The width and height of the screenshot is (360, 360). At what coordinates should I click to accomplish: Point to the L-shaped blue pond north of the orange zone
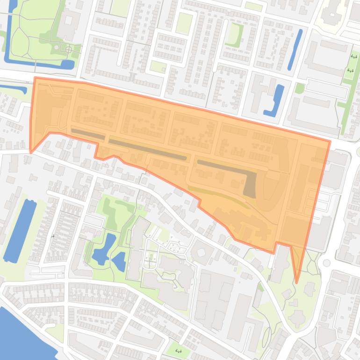(276, 101)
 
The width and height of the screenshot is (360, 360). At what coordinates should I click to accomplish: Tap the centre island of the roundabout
(326, 263)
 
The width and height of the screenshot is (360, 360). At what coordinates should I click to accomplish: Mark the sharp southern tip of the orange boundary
(296, 282)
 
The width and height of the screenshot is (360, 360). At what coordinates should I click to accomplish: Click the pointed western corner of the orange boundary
(31, 152)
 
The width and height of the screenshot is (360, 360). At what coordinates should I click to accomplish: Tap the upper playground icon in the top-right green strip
(353, 57)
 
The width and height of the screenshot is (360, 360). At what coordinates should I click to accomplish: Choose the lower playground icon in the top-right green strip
(350, 71)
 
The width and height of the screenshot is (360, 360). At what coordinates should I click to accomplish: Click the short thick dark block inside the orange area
(250, 183)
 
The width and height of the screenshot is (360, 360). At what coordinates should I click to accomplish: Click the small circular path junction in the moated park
(69, 49)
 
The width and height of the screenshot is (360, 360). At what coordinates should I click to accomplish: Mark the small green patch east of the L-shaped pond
(300, 88)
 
